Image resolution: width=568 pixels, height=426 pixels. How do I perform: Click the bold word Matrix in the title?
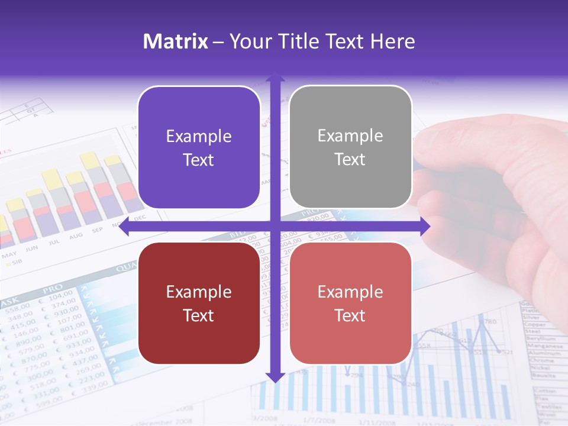point(176,41)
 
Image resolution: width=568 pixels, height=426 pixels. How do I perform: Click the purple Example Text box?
point(199,147)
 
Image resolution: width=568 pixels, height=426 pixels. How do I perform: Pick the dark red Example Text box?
point(199,303)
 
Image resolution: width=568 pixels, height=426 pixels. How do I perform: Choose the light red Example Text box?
point(350,303)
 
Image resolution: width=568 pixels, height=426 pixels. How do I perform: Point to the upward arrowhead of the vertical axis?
point(275,78)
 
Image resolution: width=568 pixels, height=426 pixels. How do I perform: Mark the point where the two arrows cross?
point(275,227)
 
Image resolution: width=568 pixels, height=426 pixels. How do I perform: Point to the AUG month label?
point(76,235)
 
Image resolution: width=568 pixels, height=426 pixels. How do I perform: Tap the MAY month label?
point(9,256)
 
